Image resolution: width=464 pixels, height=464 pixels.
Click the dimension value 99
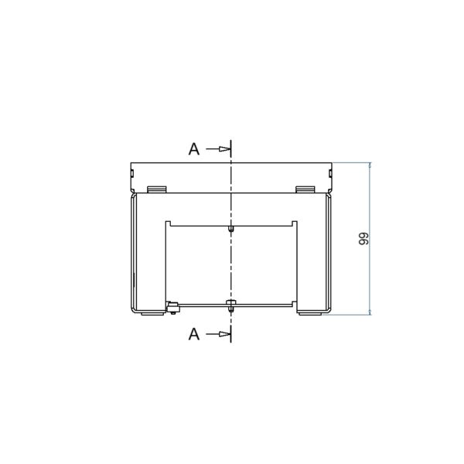(x=363, y=238)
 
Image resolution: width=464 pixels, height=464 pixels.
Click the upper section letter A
(x=194, y=148)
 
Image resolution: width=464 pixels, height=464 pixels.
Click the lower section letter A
(x=194, y=334)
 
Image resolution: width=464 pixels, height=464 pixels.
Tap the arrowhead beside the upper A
(x=224, y=148)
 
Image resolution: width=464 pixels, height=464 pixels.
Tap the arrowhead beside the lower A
(x=224, y=334)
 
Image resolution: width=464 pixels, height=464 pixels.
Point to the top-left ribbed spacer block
(x=157, y=189)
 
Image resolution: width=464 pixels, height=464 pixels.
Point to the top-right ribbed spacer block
(x=305, y=189)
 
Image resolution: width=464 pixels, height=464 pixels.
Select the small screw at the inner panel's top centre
(x=230, y=229)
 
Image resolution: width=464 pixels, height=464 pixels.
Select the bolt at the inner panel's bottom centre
(x=230, y=305)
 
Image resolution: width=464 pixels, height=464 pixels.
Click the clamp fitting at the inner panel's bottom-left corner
(x=172, y=308)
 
